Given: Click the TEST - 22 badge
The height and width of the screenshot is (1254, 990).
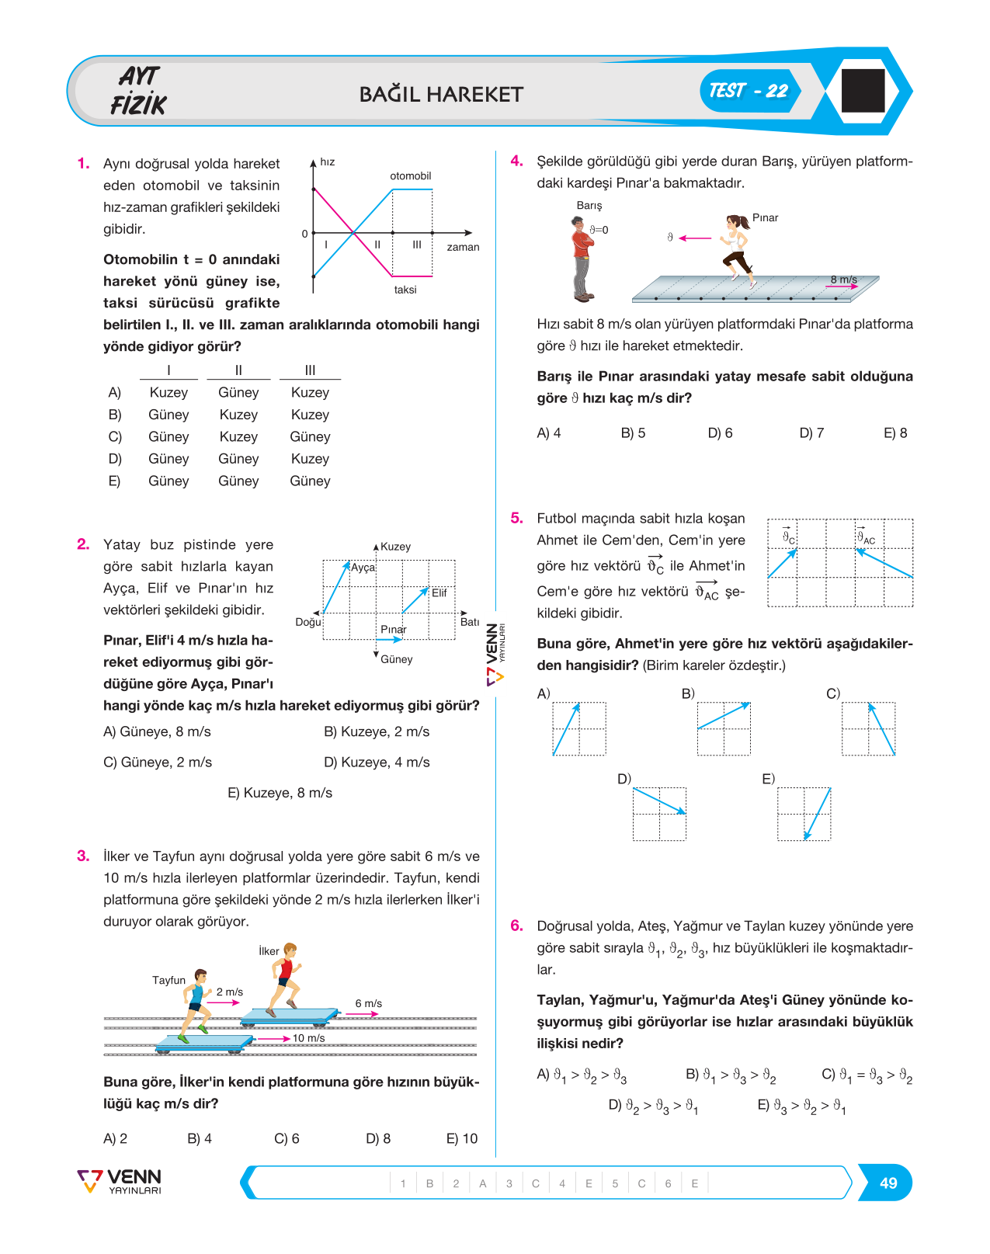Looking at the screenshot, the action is click(x=749, y=91).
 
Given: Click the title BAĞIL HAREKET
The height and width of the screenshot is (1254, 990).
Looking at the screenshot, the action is click(x=441, y=95).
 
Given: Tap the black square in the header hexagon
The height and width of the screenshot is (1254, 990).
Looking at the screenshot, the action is click(x=863, y=90).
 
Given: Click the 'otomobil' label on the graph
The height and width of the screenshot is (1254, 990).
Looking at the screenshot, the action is click(x=410, y=175).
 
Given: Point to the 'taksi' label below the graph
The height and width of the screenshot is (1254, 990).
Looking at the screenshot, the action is click(x=405, y=290).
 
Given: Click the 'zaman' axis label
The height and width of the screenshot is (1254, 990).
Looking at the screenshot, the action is click(x=463, y=247).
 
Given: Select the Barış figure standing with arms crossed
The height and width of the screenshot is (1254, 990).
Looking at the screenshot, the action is click(x=582, y=259).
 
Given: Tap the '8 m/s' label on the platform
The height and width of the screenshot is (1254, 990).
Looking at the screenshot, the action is click(x=844, y=280).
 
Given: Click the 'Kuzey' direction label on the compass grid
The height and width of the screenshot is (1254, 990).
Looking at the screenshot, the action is click(x=396, y=547).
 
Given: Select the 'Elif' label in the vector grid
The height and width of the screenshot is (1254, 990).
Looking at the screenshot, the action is click(x=439, y=592).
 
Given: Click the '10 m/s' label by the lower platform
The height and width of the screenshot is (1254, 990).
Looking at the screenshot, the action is click(x=308, y=1038).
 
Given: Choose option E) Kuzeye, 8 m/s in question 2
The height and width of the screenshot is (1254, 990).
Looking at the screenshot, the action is click(x=280, y=793).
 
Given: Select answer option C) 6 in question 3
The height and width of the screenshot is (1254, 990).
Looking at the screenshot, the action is click(x=287, y=1138).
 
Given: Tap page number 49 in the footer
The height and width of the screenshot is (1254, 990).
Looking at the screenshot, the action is click(x=888, y=1183).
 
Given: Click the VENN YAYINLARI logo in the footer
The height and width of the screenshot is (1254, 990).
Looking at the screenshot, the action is click(x=120, y=1181).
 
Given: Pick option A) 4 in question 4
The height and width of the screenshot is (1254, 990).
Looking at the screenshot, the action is click(x=548, y=433).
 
